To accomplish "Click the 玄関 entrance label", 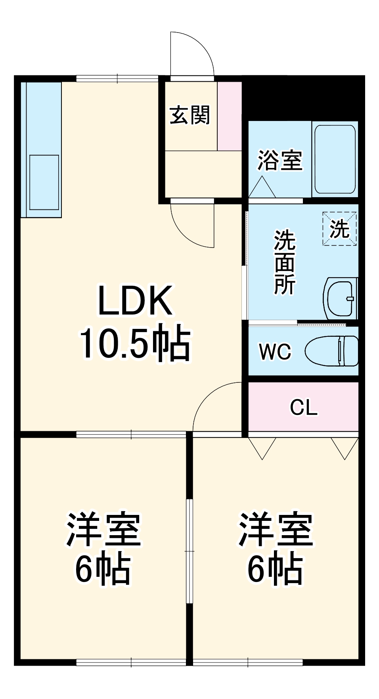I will coord(189,115).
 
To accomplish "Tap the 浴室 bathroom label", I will coord(280,160).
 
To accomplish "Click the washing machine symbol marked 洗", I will coord(340,229).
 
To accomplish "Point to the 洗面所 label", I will coord(285,262).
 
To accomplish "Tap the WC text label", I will coord(275,351).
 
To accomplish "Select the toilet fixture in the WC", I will coord(332,351).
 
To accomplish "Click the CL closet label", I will coord(304,407).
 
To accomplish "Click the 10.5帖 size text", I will coord(135,344).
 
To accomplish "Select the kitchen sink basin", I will coord(44,182).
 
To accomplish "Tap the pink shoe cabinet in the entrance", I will coord(229,116).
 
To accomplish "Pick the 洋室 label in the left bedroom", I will coord(104,530).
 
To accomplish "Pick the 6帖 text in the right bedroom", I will coord(275,569).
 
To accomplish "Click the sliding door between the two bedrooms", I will coord(189,551).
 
